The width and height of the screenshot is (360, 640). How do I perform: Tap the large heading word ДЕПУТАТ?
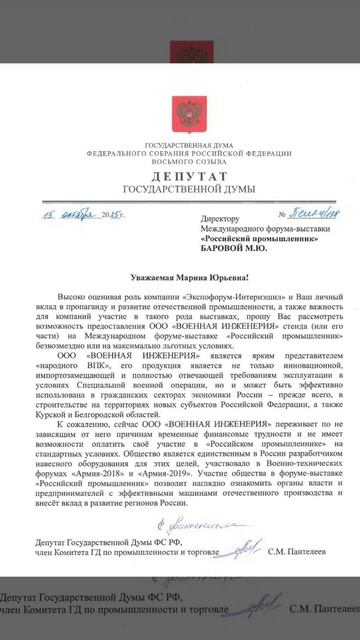pyautogui.click(x=180, y=172)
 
